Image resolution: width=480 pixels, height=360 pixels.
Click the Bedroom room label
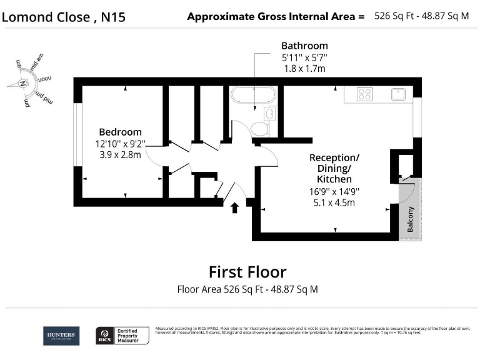pyautogui.click(x=121, y=132)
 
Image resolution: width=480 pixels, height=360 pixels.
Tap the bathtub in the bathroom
pyautogui.click(x=253, y=96)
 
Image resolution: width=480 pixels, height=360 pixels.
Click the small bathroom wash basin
pyautogui.click(x=270, y=114)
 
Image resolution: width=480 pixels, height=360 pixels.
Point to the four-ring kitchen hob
pyautogui.click(x=365, y=94)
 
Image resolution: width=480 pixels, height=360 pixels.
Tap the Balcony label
pyautogui.click(x=411, y=219)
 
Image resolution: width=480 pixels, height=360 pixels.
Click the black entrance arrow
pyautogui.click(x=235, y=207)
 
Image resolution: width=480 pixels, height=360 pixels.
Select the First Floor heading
pyautogui.click(x=247, y=272)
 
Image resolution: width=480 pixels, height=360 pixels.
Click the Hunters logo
pyautogui.click(x=61, y=336)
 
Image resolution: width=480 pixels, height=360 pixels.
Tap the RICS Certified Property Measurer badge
pyautogui.click(x=122, y=336)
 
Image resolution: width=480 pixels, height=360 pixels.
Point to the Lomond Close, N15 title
pyautogui.click(x=64, y=17)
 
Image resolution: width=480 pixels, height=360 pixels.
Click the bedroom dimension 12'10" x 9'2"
pyautogui.click(x=121, y=143)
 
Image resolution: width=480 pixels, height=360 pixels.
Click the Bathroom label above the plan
pyautogui.click(x=304, y=46)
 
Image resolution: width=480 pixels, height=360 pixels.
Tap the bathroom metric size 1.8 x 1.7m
pyautogui.click(x=304, y=68)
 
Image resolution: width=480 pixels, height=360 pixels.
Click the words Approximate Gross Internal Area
pyautogui.click(x=276, y=17)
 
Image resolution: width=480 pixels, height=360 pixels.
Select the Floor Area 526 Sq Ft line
pyautogui.click(x=247, y=289)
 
